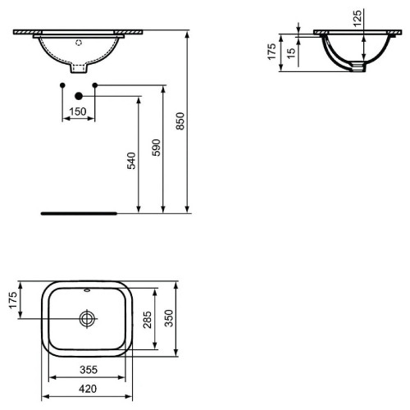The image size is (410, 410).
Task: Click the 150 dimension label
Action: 78,112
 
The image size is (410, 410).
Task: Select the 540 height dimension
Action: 131,161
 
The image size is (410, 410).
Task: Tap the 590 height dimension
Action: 156,148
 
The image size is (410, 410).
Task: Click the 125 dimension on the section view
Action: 358,18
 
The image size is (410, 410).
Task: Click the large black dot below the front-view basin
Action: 80,93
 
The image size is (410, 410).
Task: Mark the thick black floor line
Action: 79,212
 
